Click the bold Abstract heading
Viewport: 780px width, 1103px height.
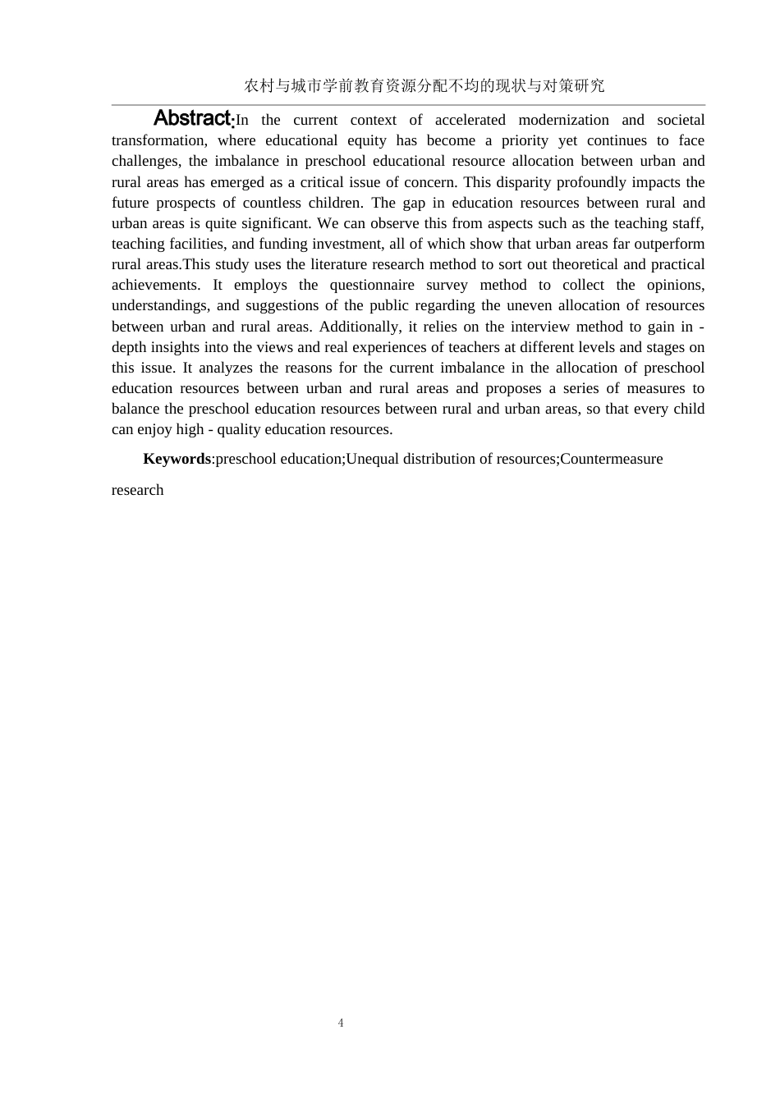194,118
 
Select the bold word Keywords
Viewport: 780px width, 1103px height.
177,459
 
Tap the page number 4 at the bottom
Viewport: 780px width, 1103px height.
341,1023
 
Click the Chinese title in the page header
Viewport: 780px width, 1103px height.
424,85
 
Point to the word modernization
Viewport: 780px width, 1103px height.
563,120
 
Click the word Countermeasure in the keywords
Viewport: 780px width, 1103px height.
611,459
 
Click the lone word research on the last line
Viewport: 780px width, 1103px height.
138,490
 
